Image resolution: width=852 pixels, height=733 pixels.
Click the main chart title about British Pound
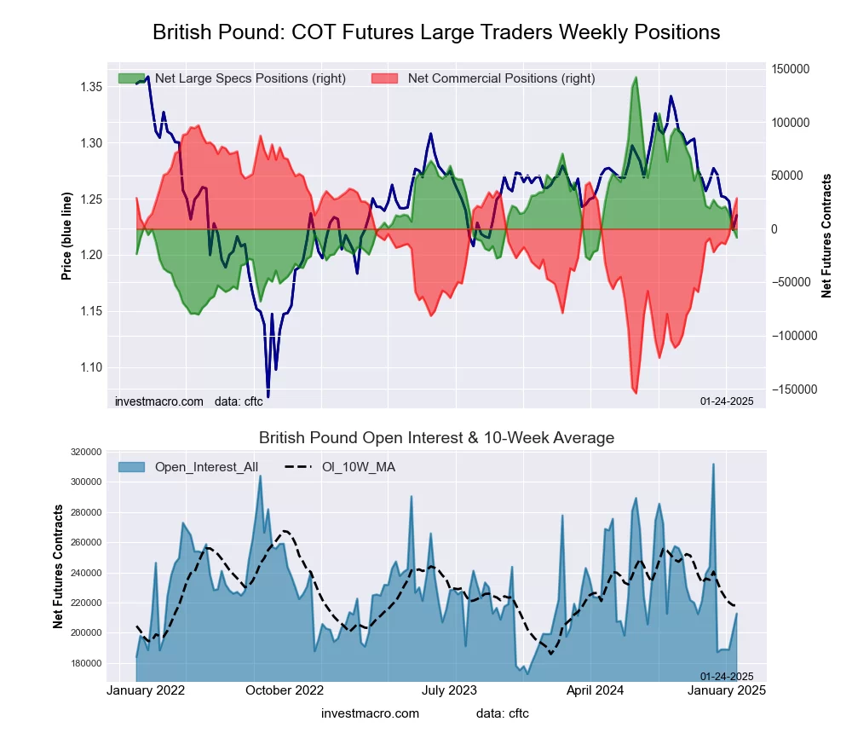coord(436,32)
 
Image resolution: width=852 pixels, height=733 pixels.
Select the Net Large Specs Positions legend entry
coord(232,78)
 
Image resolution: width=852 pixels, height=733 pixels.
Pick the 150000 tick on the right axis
coord(792,69)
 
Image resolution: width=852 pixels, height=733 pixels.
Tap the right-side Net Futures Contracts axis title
coord(826,235)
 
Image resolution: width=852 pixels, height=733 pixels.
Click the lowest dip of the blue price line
coord(268,396)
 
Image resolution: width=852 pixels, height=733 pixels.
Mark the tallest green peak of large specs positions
coord(636,78)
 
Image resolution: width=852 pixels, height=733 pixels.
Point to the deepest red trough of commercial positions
coord(636,393)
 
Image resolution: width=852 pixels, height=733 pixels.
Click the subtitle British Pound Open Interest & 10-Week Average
coord(436,438)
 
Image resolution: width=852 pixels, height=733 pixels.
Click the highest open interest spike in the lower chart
coord(713,465)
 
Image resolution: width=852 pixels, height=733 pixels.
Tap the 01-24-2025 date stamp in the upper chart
coord(727,401)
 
